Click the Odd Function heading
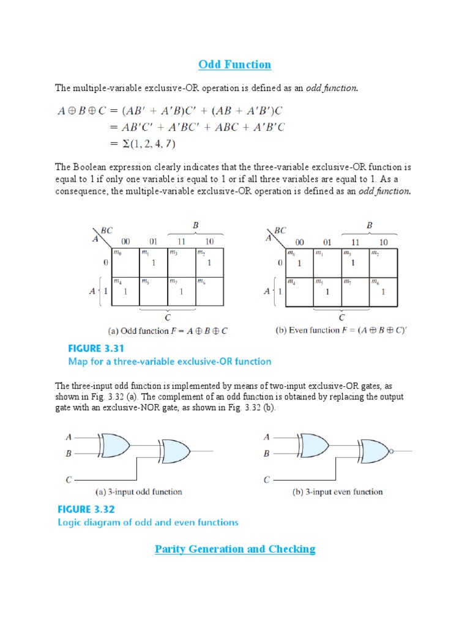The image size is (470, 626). (x=234, y=64)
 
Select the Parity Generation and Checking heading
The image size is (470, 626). (x=235, y=549)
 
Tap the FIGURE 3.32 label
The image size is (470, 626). (x=86, y=509)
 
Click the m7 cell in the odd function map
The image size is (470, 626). (x=181, y=292)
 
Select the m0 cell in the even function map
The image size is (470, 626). (x=299, y=262)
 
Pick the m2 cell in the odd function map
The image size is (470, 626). (x=209, y=262)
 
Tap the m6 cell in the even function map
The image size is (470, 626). (x=384, y=292)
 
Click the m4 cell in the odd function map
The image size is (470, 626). (x=125, y=292)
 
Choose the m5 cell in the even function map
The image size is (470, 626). (x=327, y=292)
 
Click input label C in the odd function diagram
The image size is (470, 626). (x=69, y=481)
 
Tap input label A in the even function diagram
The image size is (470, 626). (x=266, y=437)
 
